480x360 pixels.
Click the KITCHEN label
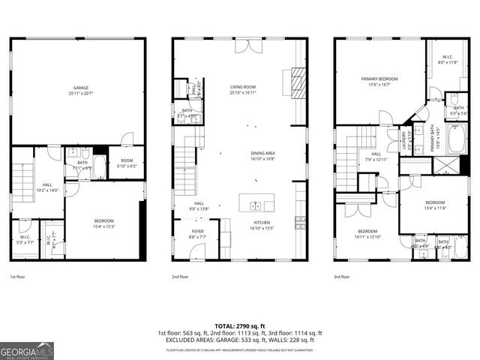[262, 223]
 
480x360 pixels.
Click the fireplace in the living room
[298, 79]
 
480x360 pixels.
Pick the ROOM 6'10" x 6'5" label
[125, 163]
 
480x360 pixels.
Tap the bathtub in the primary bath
[456, 139]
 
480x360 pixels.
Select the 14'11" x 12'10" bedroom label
[367, 233]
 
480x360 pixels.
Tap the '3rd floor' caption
[342, 277]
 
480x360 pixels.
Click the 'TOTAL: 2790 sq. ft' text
[239, 326]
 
